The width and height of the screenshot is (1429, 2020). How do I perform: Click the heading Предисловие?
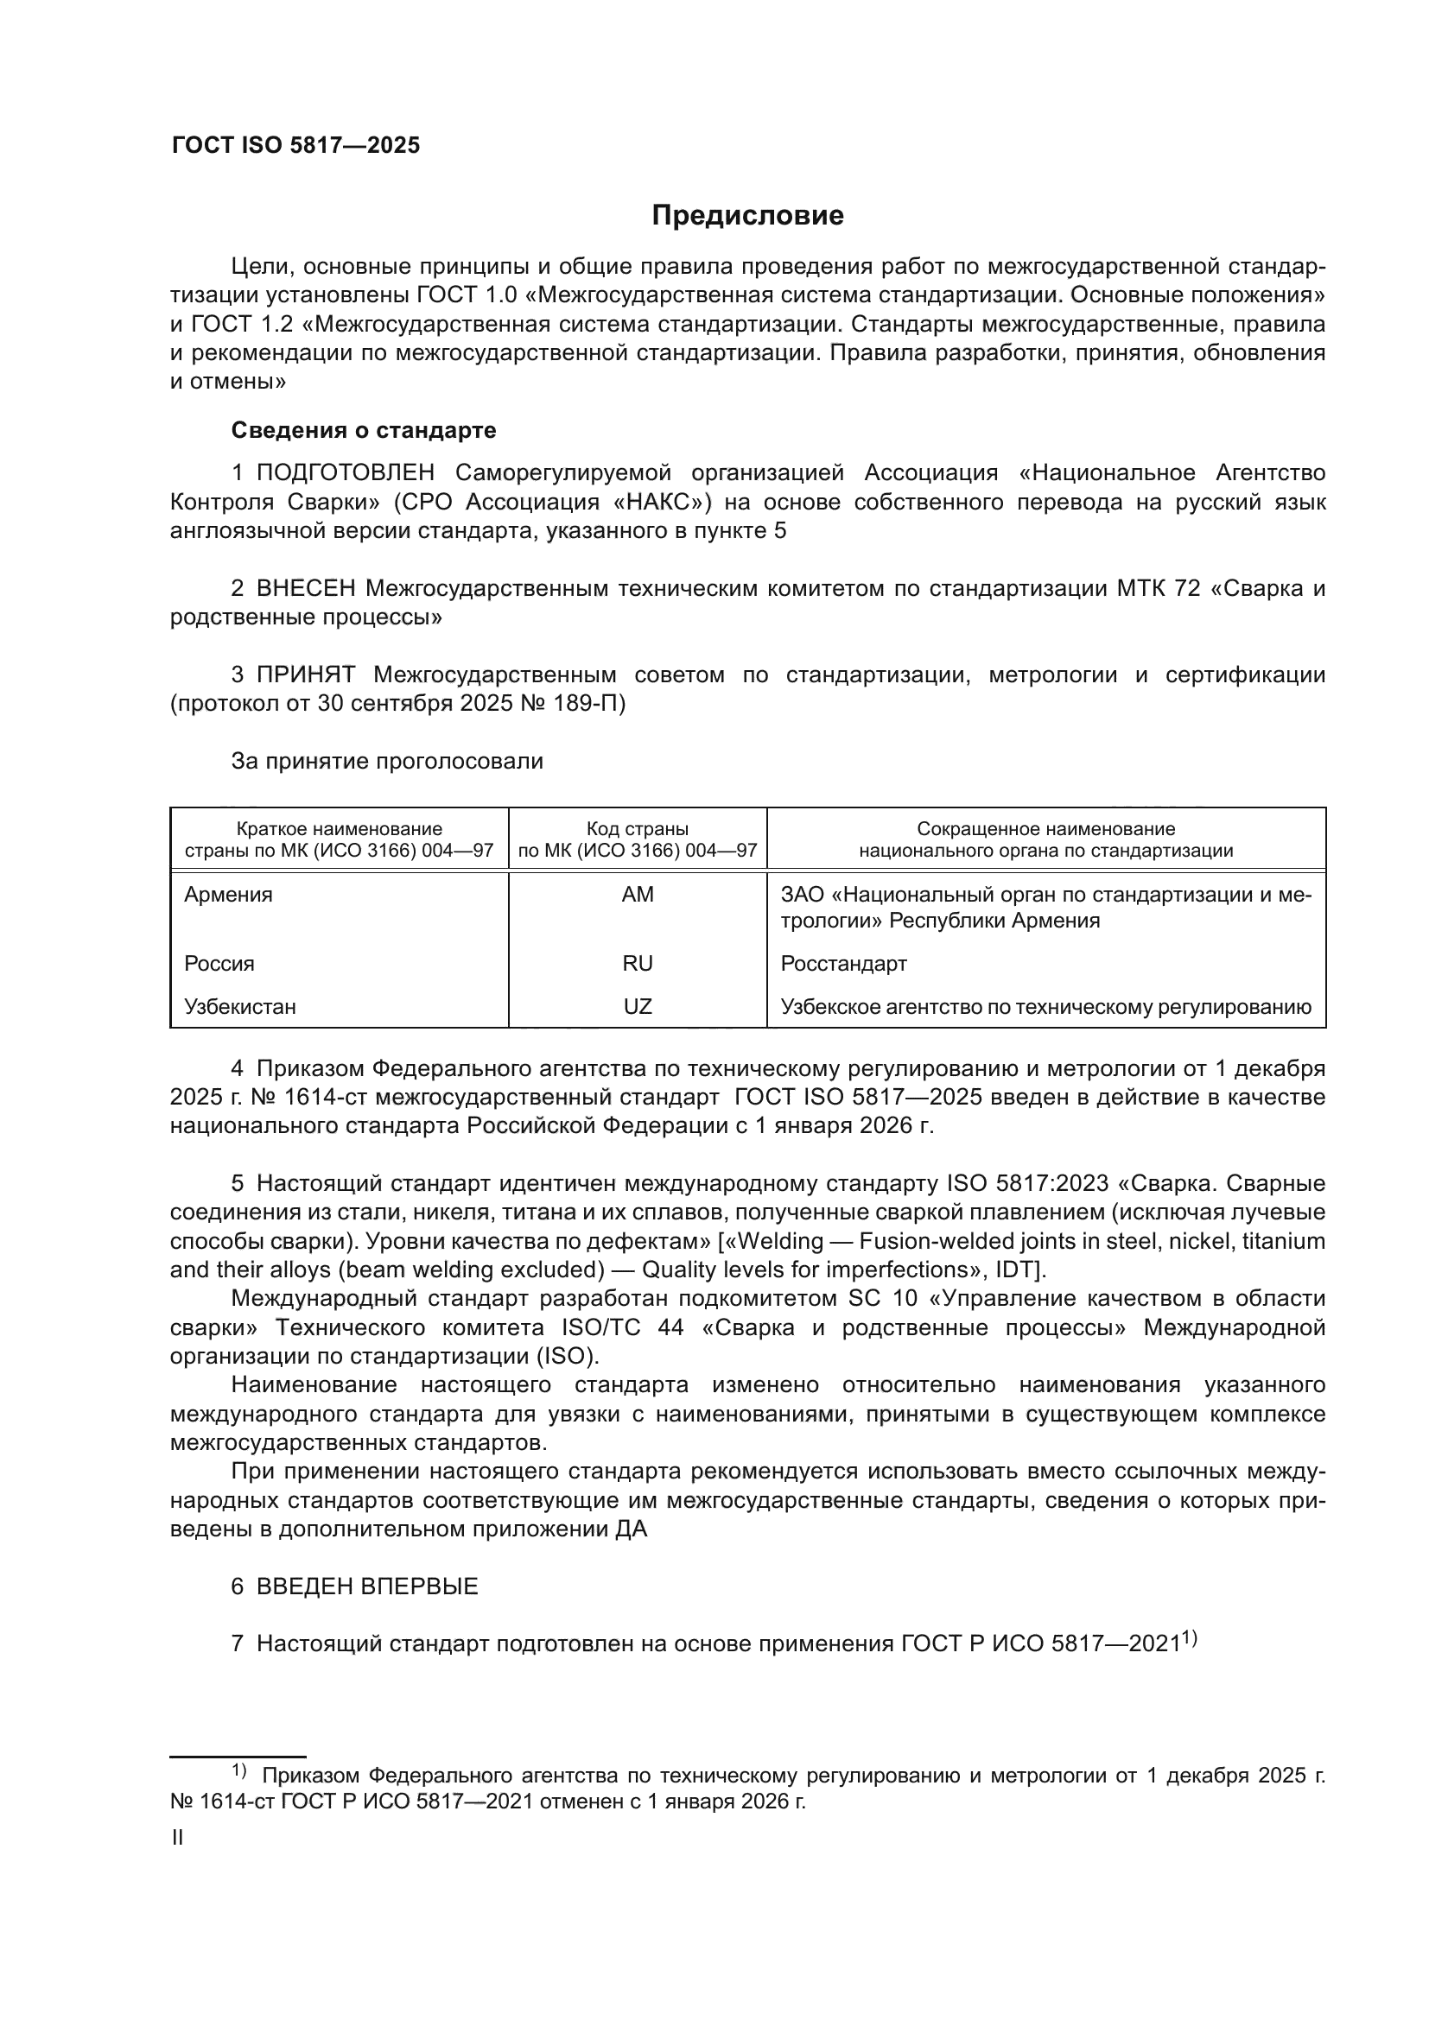747,216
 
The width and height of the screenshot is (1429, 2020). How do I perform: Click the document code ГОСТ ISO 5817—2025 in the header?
295,146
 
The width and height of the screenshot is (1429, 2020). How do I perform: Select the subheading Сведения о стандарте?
364,430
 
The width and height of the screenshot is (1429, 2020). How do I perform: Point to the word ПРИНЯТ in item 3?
305,674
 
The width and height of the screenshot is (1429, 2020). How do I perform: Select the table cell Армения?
229,895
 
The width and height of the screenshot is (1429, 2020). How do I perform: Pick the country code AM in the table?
637,895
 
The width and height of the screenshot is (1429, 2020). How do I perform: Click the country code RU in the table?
637,964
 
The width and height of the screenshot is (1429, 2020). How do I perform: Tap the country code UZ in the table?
637,1006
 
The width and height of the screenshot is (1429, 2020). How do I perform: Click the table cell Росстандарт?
843,964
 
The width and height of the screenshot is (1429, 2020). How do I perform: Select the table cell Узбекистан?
240,1006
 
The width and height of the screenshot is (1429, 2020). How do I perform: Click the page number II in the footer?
177,1838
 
